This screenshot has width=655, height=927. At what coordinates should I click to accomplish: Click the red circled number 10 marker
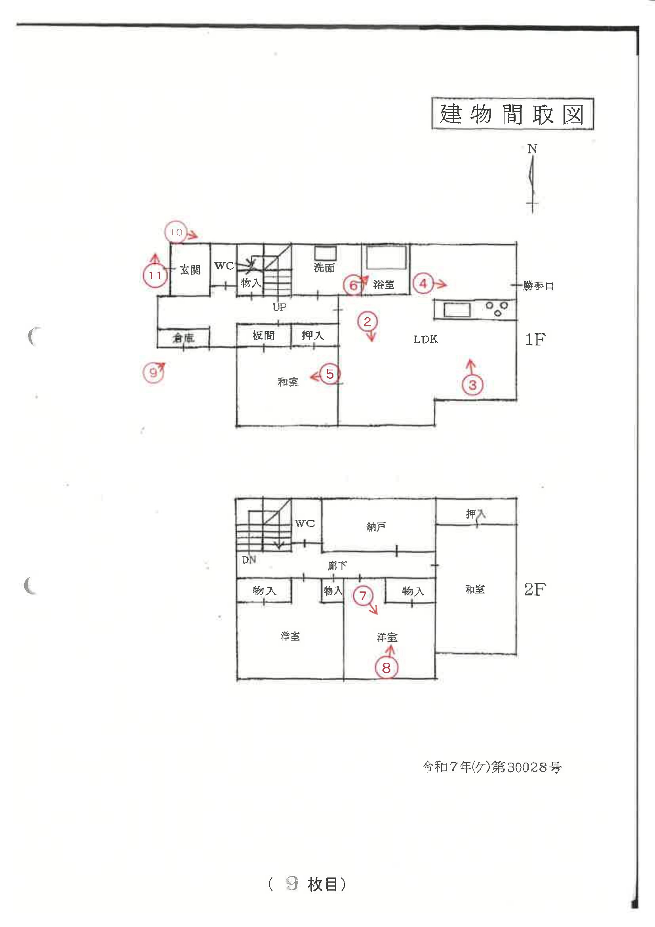pos(176,232)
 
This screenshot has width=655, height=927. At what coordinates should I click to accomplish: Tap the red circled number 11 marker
pos(155,276)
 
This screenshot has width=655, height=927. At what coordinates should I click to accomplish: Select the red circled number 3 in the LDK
pos(472,385)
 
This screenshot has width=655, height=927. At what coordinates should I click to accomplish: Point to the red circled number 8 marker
pos(386,668)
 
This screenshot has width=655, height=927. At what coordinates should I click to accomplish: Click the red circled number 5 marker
pos(330,374)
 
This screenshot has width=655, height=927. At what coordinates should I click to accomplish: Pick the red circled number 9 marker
pos(153,372)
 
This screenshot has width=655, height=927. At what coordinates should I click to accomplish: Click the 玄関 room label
pos(190,270)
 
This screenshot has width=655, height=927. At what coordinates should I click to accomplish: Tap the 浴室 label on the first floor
pos(383,285)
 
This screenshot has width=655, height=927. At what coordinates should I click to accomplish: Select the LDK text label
pos(425,339)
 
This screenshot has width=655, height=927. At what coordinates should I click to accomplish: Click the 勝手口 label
pos(538,286)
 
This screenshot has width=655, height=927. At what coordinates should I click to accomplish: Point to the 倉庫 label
pos(183,338)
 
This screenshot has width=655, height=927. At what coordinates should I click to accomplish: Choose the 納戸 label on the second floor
pos(376,527)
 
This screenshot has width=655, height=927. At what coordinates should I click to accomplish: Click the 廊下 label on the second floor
pos(337,566)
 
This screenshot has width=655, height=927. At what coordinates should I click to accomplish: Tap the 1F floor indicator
pos(535,340)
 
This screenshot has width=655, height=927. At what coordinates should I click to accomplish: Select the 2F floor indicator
pos(535,589)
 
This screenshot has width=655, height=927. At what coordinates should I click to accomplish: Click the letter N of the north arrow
pos(532,149)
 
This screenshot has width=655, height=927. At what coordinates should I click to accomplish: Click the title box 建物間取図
pos(512,113)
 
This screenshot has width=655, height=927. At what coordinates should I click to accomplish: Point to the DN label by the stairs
pos(249,560)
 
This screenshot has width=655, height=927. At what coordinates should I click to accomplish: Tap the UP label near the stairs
pos(279,307)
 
